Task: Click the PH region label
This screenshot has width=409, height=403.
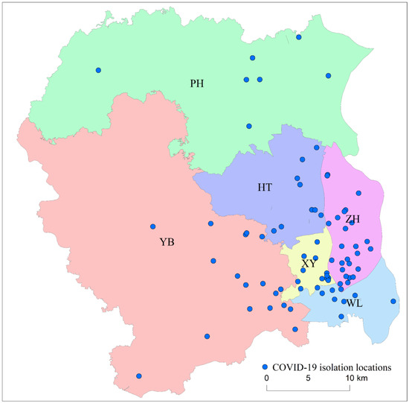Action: click(197, 83)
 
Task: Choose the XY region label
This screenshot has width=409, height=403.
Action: click(309, 264)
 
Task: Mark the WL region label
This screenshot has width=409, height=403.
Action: click(354, 302)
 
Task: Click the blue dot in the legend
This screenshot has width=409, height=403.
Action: click(265, 367)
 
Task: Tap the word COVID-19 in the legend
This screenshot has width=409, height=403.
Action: click(294, 367)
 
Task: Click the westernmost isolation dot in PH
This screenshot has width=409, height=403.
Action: click(98, 70)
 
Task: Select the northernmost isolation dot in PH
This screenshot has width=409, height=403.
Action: click(299, 37)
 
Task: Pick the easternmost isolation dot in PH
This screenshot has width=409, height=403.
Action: click(328, 76)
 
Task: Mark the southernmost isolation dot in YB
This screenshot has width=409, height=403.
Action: click(138, 376)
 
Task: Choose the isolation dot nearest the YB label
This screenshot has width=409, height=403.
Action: click(153, 226)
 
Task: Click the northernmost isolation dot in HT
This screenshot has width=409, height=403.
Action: click(302, 159)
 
